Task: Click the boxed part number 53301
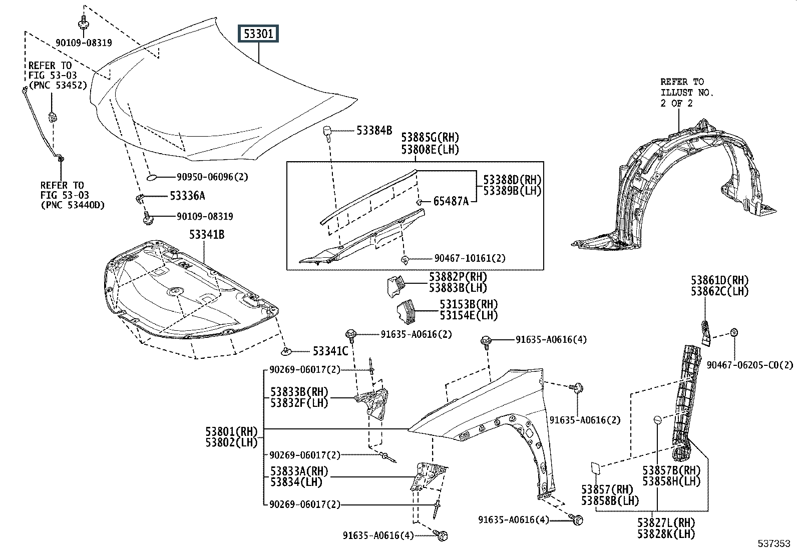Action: click(258, 34)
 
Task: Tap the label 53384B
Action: click(374, 131)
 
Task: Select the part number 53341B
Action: click(206, 234)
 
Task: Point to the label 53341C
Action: click(330, 351)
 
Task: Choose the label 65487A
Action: click(451, 201)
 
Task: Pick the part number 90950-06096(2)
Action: click(212, 177)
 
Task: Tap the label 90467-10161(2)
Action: click(470, 258)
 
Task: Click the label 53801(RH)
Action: click(231, 431)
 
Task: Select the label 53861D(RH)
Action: click(720, 280)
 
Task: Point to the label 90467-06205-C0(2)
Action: click(750, 365)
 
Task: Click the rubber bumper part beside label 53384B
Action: click(326, 134)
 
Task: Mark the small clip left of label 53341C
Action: click(286, 351)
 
